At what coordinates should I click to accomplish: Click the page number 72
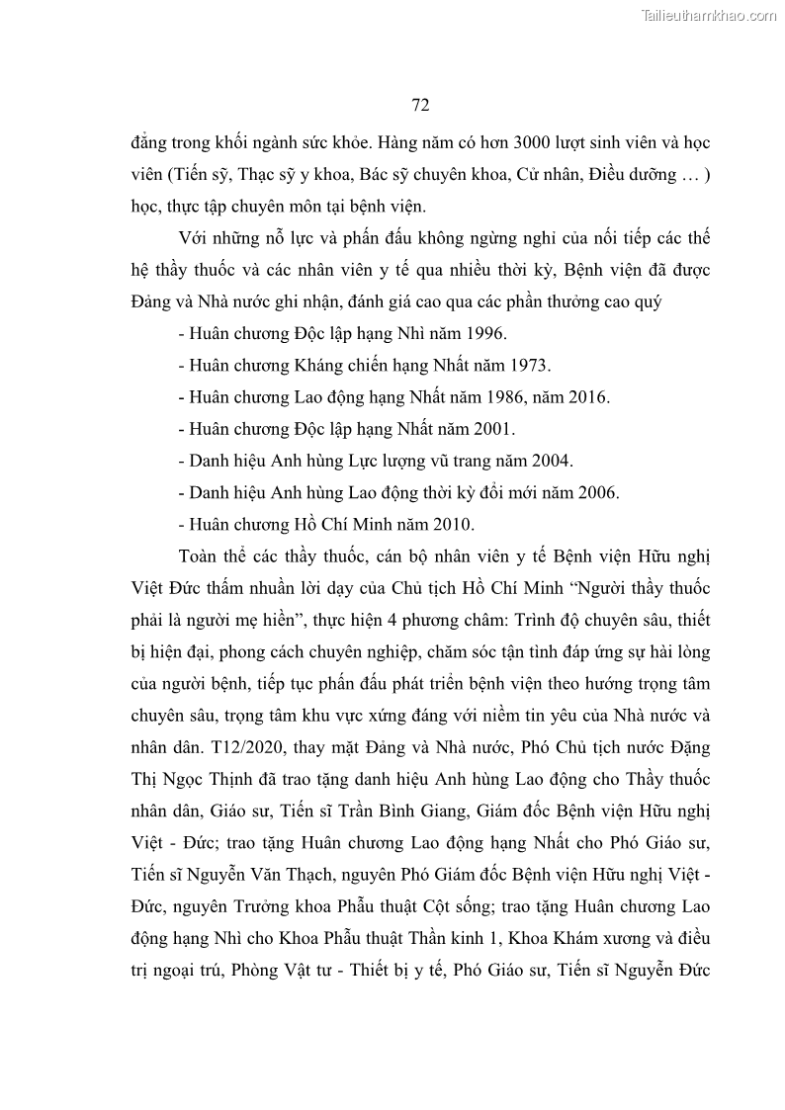[419, 106]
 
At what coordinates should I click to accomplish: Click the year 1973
[530, 366]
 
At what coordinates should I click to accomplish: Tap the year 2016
[590, 397]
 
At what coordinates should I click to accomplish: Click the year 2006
[599, 492]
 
